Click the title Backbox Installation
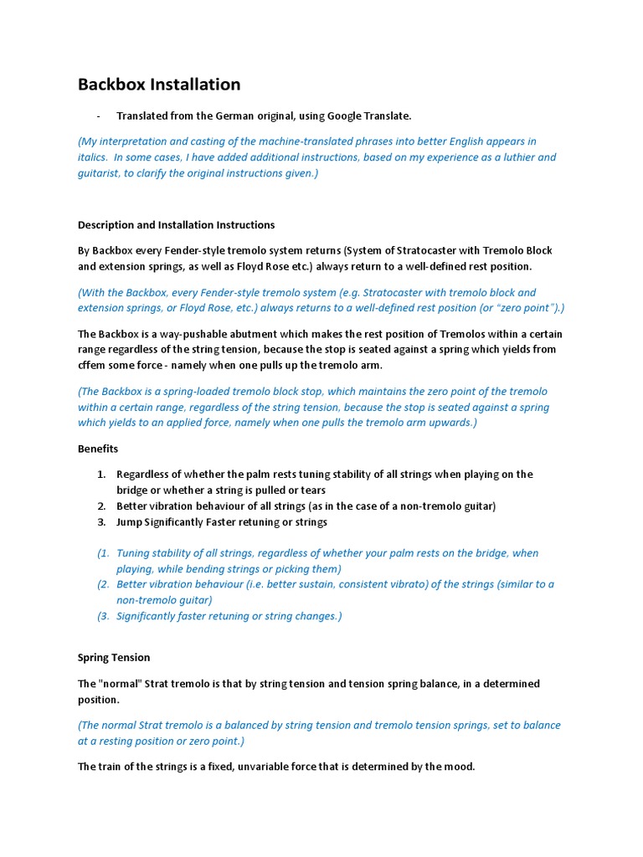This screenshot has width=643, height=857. (159, 85)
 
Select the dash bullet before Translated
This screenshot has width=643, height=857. (99, 115)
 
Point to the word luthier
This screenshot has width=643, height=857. (515, 157)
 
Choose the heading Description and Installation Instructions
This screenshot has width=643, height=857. (176, 225)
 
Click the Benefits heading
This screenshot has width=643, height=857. (98, 449)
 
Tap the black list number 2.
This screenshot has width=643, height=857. (100, 506)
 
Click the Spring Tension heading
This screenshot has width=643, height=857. (114, 658)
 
